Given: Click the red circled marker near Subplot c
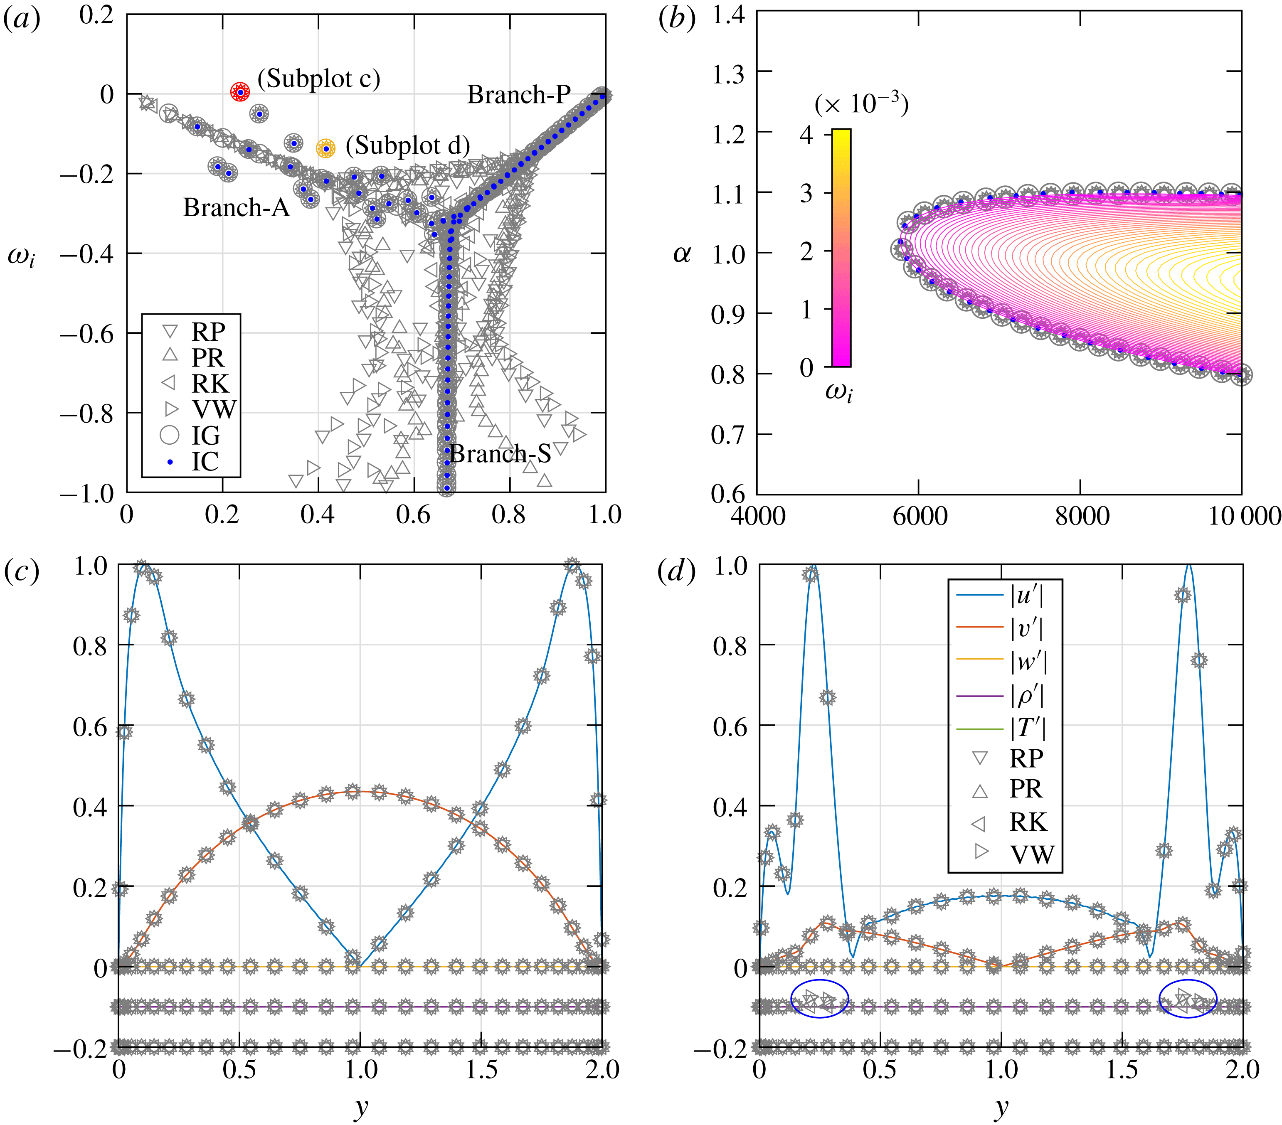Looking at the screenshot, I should pyautogui.click(x=240, y=92).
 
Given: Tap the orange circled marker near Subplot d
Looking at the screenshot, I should pyautogui.click(x=325, y=149).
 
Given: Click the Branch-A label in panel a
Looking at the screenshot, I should pyautogui.click(x=237, y=207).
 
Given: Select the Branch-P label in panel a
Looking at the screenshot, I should pyautogui.click(x=519, y=95).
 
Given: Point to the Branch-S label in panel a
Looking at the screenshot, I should pyautogui.click(x=500, y=454).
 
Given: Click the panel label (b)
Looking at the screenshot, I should pyautogui.click(x=676, y=20).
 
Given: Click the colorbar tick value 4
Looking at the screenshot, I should pyautogui.click(x=806, y=134).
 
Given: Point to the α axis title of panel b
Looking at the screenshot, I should pyautogui.click(x=682, y=254).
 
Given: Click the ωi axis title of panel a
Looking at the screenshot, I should pyautogui.click(x=21, y=256).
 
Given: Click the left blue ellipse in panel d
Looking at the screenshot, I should pyautogui.click(x=819, y=998).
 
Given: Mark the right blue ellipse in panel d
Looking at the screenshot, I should pyautogui.click(x=1187, y=998).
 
